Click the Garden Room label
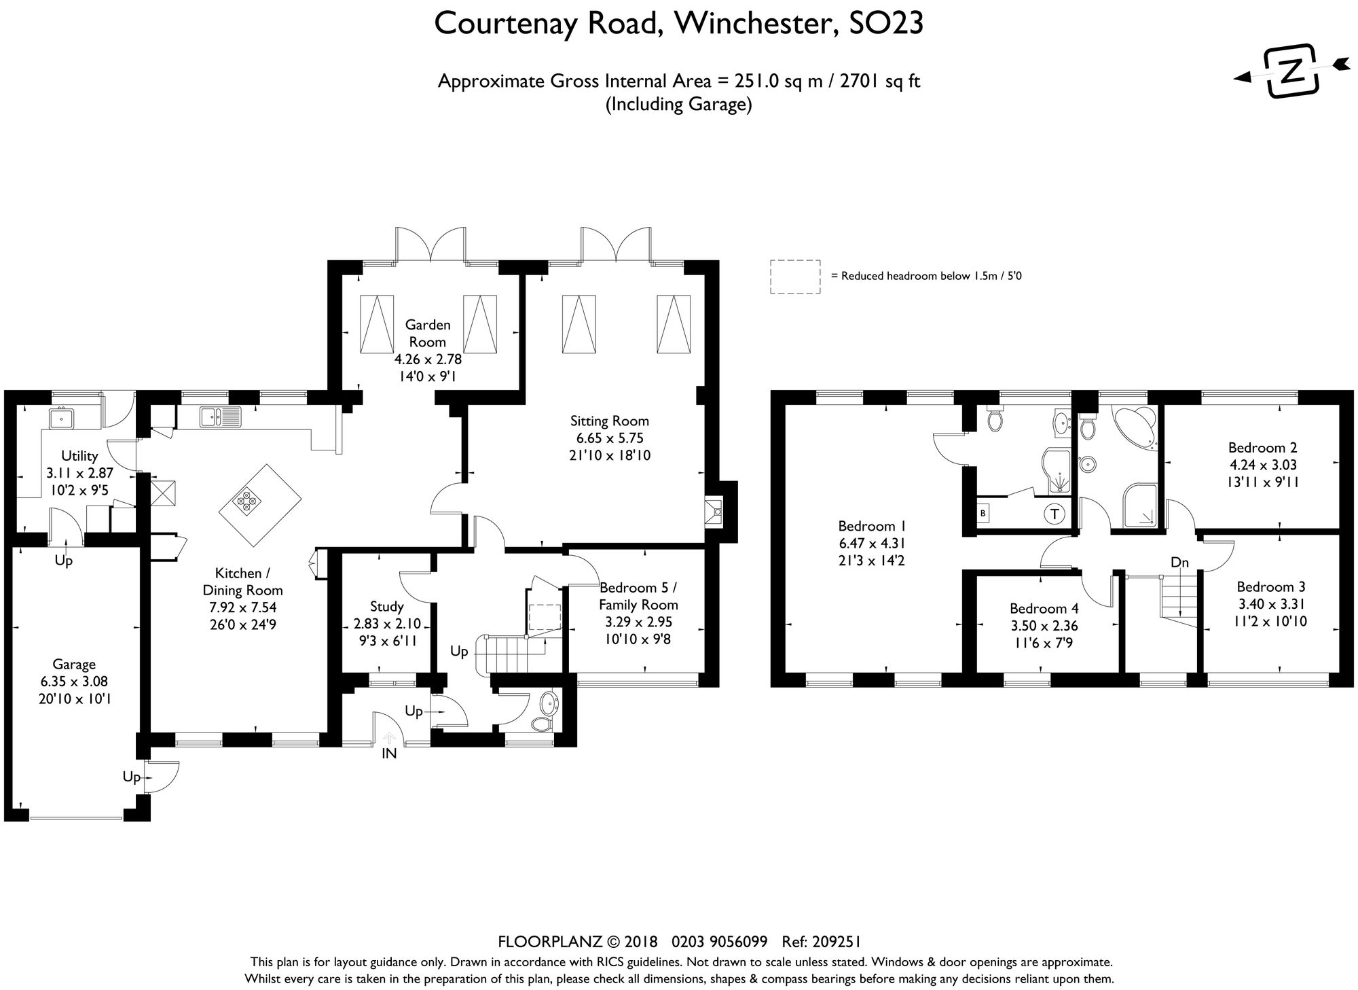point(427,333)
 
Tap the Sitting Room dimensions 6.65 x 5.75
point(609,438)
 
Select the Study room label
point(386,606)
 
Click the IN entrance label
point(389,753)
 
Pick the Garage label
point(75,664)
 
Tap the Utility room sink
point(61,417)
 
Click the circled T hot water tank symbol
point(1054,514)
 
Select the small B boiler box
point(983,514)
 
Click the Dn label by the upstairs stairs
point(1179,563)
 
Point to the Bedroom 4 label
point(1044,608)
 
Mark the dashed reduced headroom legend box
point(794,277)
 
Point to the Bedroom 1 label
point(872,525)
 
